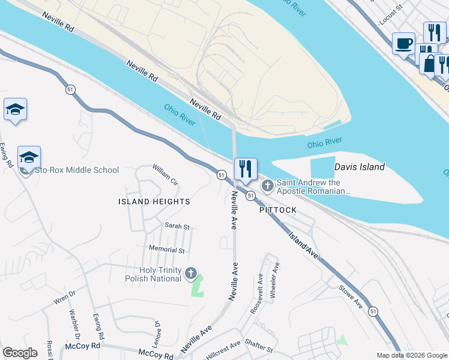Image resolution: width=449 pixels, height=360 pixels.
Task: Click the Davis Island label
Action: click(359, 167)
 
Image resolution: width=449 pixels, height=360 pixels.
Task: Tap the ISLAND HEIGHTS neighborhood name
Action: click(154, 202)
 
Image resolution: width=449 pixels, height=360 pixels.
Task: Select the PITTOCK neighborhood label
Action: click(278, 210)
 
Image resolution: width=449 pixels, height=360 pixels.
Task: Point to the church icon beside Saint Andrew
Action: click(267, 187)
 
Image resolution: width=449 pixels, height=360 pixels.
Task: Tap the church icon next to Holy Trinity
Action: click(191, 274)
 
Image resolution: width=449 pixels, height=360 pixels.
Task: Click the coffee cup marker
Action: click(403, 43)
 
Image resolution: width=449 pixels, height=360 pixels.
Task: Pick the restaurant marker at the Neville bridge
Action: click(246, 169)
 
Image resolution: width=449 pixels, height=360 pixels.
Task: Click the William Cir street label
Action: click(165, 175)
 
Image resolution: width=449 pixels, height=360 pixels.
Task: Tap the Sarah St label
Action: click(177, 227)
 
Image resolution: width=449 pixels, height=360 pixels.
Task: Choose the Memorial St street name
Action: click(167, 249)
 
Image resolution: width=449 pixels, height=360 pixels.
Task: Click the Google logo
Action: click(19, 353)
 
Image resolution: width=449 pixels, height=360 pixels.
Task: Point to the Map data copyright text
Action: click(411, 355)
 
